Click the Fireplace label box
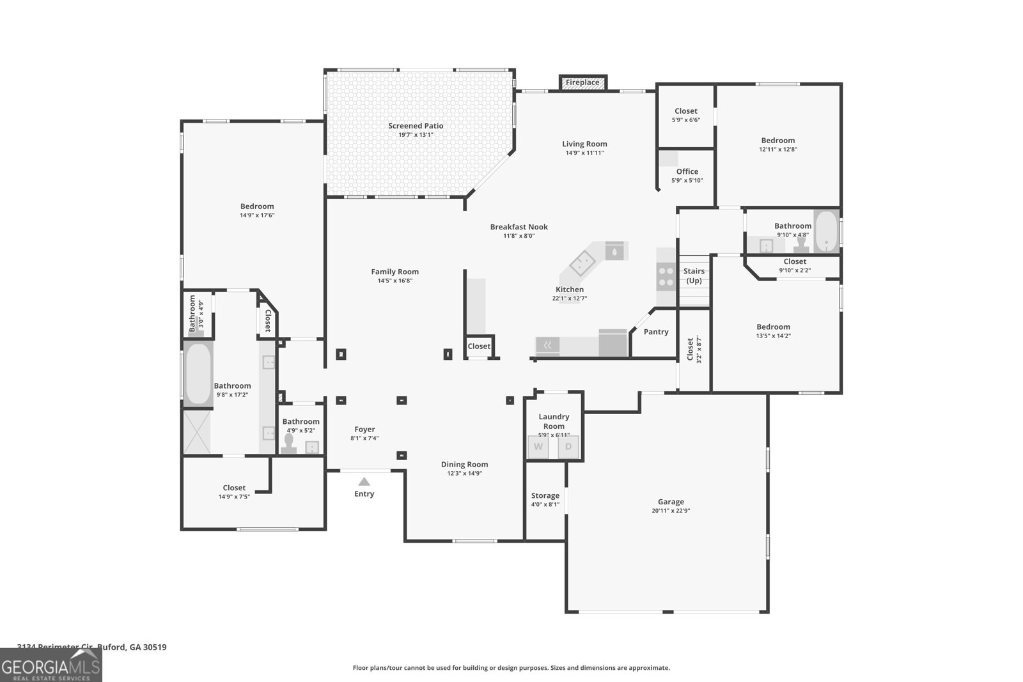(x=582, y=82)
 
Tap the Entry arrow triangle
(x=364, y=482)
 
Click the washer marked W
(x=538, y=447)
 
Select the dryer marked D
(x=568, y=447)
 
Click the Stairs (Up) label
(x=694, y=276)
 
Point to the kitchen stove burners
(x=666, y=276)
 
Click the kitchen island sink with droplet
(x=614, y=251)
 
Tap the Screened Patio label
(x=416, y=126)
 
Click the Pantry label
(x=656, y=332)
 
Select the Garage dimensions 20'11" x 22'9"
(x=671, y=511)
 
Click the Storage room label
(x=545, y=495)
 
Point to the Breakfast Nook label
(x=519, y=227)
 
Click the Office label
(x=687, y=171)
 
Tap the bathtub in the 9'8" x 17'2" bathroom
(x=198, y=374)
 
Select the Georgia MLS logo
(x=51, y=665)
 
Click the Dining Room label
(x=464, y=465)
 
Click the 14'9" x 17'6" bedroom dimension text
(x=257, y=215)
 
